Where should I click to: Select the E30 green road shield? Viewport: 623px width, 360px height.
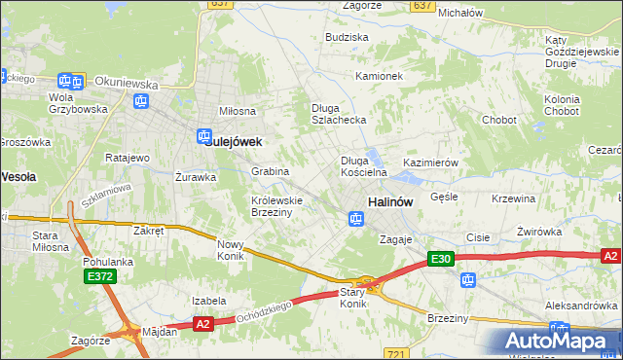click(x=441, y=259)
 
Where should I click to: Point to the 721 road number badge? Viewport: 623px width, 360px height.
click(x=396, y=354)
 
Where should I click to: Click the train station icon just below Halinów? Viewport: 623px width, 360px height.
click(x=356, y=220)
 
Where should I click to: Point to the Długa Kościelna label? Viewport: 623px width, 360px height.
click(x=363, y=166)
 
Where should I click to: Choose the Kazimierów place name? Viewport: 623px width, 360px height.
click(x=430, y=162)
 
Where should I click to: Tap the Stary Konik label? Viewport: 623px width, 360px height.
click(x=352, y=298)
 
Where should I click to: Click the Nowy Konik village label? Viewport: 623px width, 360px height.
click(x=231, y=250)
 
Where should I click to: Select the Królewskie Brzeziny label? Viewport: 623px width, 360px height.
click(x=277, y=206)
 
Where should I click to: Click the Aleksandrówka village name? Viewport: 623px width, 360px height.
click(x=582, y=306)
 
